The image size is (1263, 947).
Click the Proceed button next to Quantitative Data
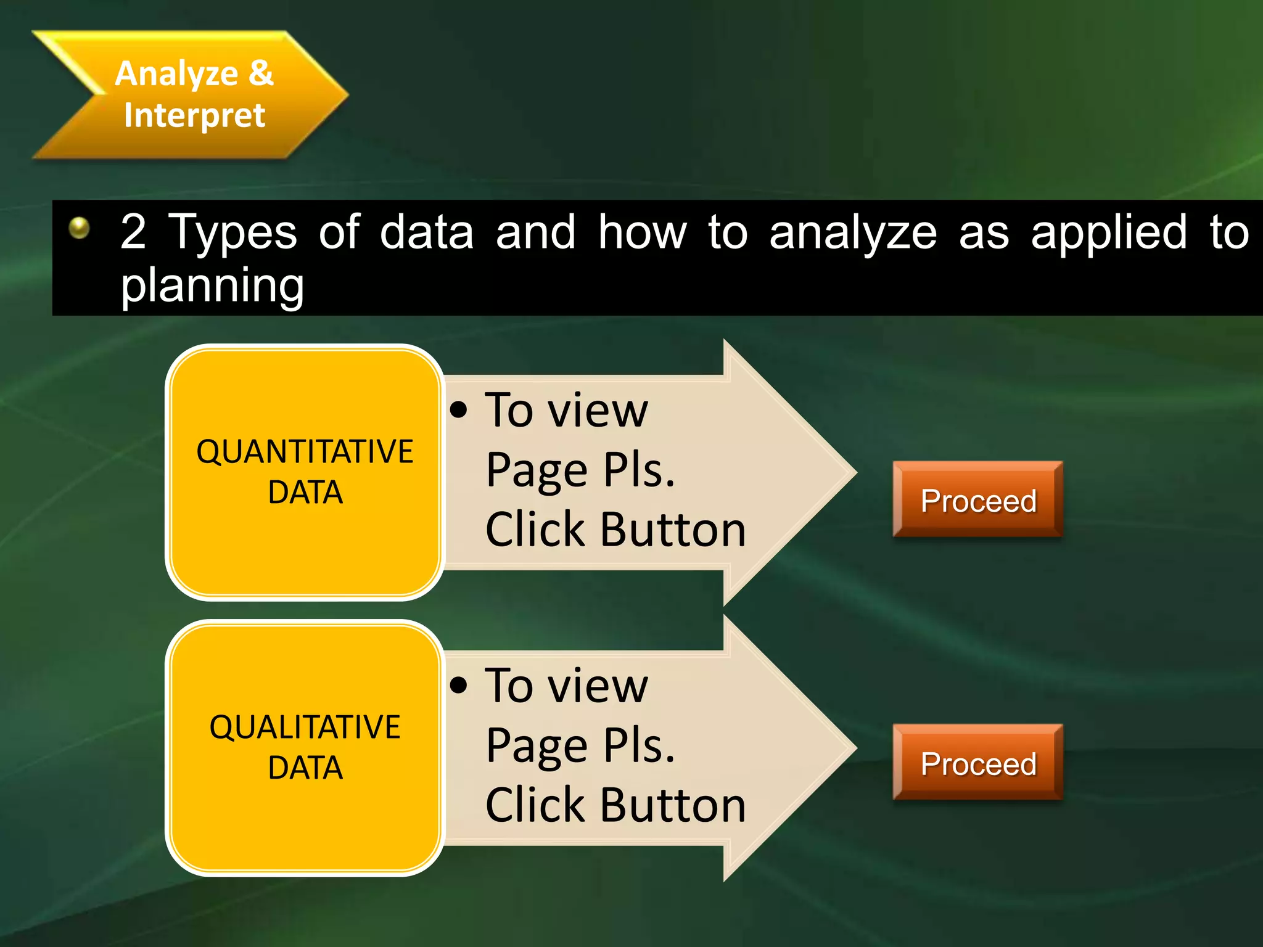click(x=977, y=500)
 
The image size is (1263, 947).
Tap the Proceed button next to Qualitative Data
click(x=977, y=763)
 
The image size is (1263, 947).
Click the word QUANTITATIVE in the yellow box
click(x=305, y=451)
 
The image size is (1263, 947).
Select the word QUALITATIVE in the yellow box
click(x=305, y=727)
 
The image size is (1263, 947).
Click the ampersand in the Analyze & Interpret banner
click(x=261, y=73)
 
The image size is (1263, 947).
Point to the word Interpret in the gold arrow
click(x=194, y=115)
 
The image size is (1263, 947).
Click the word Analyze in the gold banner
click(x=177, y=74)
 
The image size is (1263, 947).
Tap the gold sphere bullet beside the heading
click(x=79, y=228)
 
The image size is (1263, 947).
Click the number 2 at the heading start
click(x=133, y=232)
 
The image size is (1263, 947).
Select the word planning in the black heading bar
click(x=212, y=285)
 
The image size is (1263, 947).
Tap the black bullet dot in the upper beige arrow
click(x=459, y=409)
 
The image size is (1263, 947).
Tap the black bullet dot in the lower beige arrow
click(x=459, y=684)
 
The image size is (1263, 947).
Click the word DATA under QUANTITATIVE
click(x=305, y=493)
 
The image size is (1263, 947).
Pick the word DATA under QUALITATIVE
click(x=305, y=768)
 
